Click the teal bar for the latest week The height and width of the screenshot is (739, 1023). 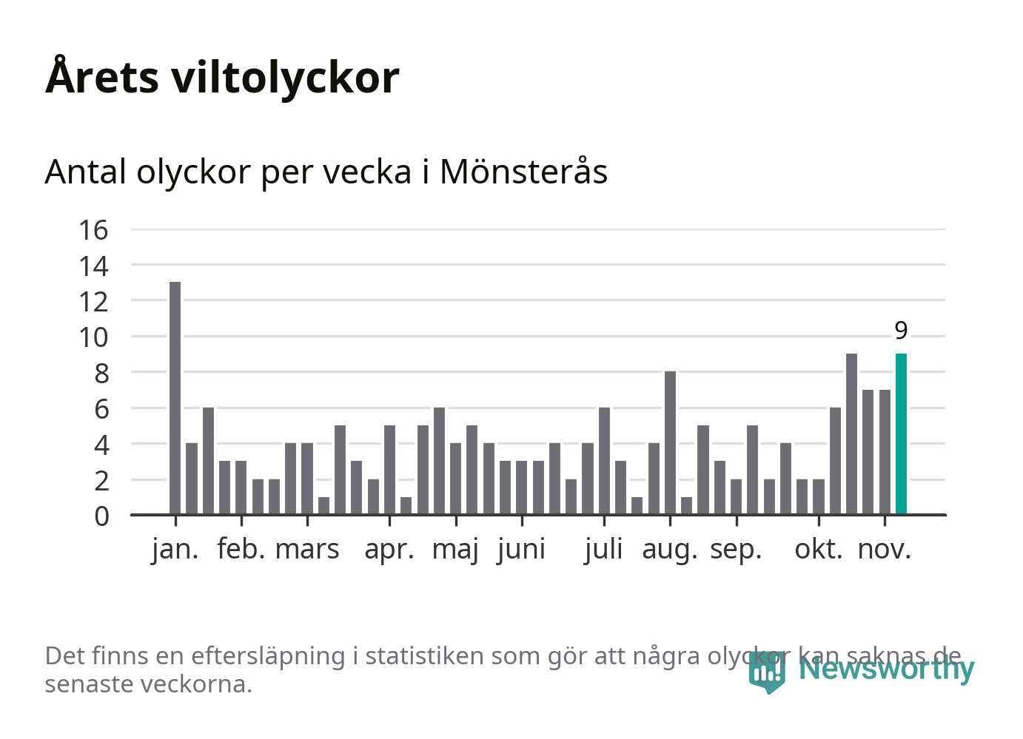[x=901, y=434]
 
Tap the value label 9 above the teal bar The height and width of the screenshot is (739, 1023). [x=901, y=331]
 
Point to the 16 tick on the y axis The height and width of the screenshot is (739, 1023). [x=94, y=230]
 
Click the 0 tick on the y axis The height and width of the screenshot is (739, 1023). [x=101, y=516]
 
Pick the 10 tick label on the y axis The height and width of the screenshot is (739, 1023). [x=94, y=337]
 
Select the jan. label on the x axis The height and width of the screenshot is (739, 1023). [x=175, y=550]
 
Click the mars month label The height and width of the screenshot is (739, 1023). [x=307, y=550]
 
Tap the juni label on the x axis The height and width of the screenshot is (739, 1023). [x=522, y=550]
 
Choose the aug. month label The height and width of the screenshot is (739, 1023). [x=669, y=550]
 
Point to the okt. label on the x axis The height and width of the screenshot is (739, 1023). [x=818, y=550]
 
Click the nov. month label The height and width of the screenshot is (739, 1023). [x=884, y=550]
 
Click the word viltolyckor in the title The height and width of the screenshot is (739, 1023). [x=285, y=77]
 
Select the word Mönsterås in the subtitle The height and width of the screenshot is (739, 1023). [x=523, y=172]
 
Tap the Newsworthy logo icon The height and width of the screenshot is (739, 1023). [x=766, y=672]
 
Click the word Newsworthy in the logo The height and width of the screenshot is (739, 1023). [x=886, y=669]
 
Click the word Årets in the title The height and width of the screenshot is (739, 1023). [x=102, y=77]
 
